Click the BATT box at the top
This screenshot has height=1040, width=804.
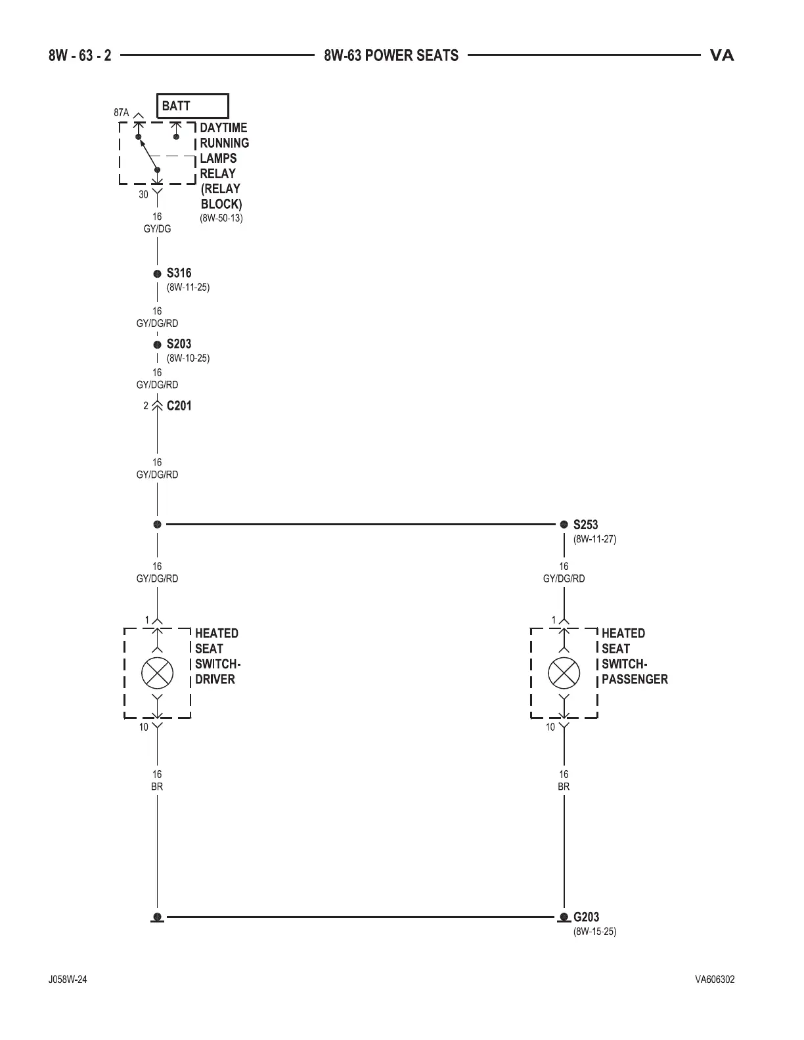(192, 106)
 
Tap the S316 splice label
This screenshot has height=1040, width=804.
(179, 273)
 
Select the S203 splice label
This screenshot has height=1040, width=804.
(179, 344)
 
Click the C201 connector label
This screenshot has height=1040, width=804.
(179, 406)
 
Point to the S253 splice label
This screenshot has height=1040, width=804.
(585, 525)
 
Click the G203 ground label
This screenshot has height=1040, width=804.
(586, 917)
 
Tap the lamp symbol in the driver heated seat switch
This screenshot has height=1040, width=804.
(158, 673)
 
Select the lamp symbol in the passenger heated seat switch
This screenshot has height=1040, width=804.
(564, 673)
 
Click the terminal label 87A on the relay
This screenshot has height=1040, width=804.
(122, 113)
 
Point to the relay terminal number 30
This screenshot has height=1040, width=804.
(143, 195)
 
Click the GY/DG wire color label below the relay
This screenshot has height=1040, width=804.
(157, 229)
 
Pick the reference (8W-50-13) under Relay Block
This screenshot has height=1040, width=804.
(221, 218)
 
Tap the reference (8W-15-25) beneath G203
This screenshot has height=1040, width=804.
(594, 932)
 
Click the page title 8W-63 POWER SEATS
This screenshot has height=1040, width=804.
(391, 56)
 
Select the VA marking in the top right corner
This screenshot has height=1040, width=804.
(722, 56)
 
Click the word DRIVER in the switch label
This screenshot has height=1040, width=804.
(215, 680)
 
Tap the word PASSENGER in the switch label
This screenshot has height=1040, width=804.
(635, 680)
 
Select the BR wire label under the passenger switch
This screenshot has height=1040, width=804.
(564, 787)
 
